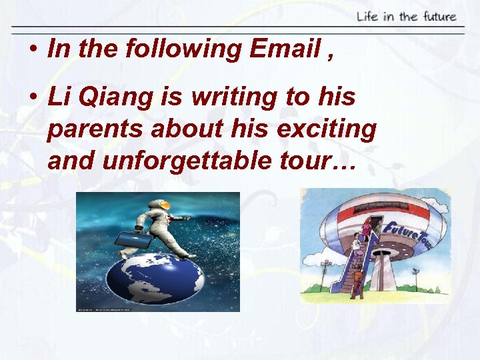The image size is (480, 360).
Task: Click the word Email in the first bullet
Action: pos(287,49)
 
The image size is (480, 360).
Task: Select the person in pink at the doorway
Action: pos(366,229)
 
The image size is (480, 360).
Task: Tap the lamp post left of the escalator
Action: pos(326,273)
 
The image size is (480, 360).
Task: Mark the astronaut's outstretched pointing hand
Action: pos(187,218)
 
